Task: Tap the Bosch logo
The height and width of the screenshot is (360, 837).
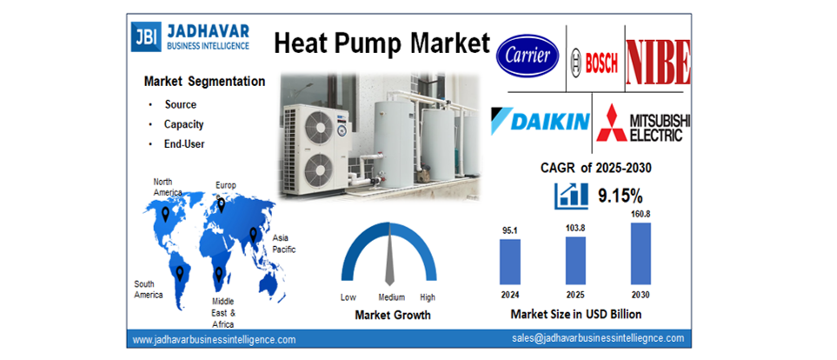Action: [x=595, y=60]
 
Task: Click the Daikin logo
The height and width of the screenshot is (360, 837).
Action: [x=540, y=121]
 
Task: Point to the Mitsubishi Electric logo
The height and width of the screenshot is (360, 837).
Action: [x=644, y=123]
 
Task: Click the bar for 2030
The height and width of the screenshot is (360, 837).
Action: [x=640, y=253]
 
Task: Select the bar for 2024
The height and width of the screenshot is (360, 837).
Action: [x=510, y=262]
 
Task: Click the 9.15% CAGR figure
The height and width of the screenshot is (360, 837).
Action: [x=621, y=197]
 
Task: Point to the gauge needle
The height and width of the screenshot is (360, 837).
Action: [x=389, y=261]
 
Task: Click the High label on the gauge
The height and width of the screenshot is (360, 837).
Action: [x=428, y=297]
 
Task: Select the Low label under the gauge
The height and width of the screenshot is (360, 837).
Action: [x=348, y=297]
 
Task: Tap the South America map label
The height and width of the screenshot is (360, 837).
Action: [x=148, y=289]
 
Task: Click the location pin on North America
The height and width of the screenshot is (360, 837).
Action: [x=165, y=213]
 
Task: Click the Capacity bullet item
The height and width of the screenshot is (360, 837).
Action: [x=183, y=124]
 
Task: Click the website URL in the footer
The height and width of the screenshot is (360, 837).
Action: [x=214, y=339]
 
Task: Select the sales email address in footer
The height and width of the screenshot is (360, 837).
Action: [x=598, y=338]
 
